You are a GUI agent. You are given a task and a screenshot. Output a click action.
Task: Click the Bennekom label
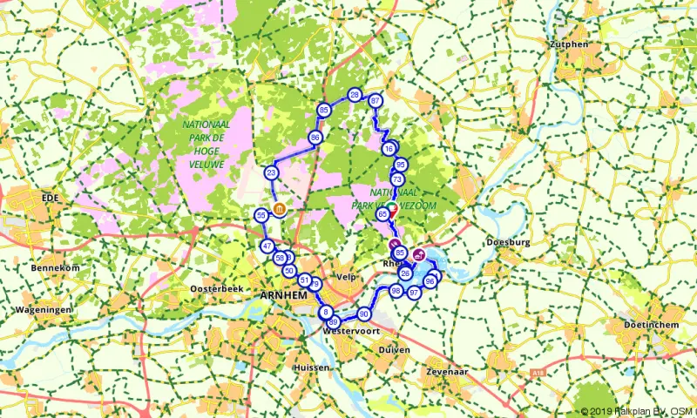tap(55, 268)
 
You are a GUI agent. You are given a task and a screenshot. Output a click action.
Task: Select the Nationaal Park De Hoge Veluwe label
tap(206, 144)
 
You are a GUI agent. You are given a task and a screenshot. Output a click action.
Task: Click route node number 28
tap(355, 95)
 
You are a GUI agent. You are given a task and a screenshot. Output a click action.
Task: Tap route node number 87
tap(376, 101)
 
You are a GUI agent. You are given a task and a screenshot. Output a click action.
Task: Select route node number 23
tap(272, 173)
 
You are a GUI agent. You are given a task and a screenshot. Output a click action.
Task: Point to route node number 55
tap(261, 215)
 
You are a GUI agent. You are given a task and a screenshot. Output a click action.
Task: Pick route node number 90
tap(364, 314)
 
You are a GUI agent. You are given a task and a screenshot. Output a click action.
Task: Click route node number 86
tap(315, 138)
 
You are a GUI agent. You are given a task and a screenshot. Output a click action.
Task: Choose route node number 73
tap(397, 179)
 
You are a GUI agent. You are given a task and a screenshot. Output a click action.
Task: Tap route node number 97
tap(415, 293)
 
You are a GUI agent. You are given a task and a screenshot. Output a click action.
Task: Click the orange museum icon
tap(279, 209)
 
